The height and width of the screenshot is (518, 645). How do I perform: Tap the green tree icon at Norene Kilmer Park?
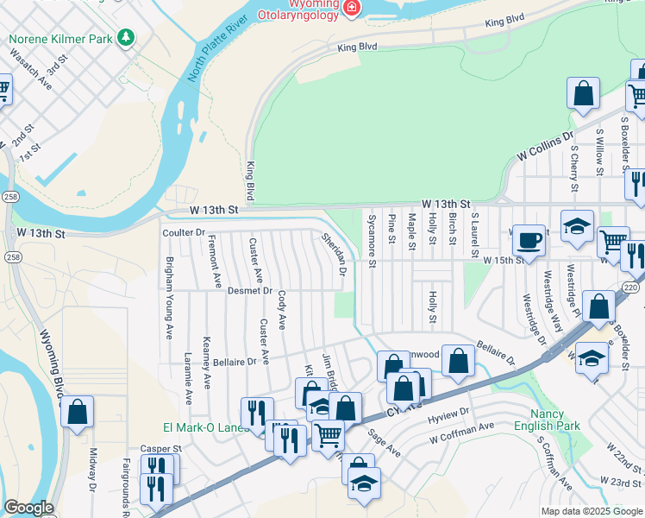[x=127, y=36]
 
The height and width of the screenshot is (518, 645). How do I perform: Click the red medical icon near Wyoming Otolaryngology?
[x=351, y=8]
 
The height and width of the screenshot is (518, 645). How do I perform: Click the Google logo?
[x=28, y=508]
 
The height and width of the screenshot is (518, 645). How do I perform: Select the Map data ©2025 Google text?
[x=591, y=511]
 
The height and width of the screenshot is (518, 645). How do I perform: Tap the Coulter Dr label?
[x=183, y=233]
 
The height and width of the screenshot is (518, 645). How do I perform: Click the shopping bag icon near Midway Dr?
[x=78, y=413]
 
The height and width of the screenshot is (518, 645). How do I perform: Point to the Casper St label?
[x=161, y=449]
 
